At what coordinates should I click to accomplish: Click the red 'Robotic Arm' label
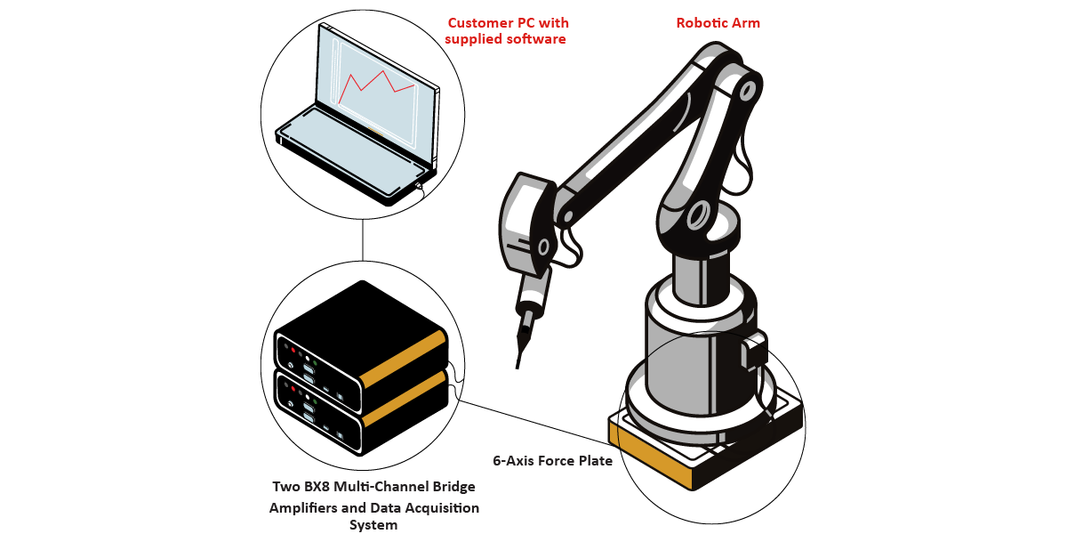718,23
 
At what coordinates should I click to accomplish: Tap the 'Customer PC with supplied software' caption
507,31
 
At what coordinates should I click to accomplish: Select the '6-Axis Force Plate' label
552,461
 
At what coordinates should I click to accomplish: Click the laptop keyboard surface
347,142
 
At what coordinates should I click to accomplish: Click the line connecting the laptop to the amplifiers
363,240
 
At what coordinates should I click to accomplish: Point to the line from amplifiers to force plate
533,420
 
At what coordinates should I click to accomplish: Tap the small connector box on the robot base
753,352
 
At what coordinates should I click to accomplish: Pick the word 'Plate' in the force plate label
594,461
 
